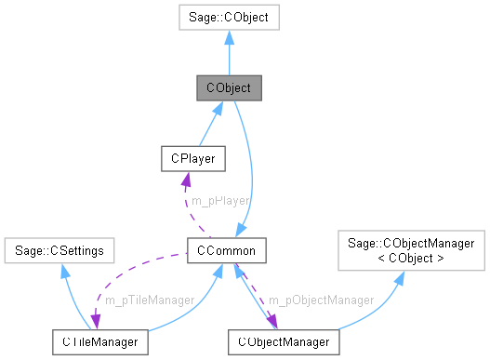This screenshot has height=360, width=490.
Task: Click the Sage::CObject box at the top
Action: point(229,16)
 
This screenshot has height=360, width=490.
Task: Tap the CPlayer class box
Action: point(192,158)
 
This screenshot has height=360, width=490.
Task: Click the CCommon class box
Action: point(228,249)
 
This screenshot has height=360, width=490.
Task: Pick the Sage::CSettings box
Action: point(58,249)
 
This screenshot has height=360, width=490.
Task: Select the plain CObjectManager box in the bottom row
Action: point(284,342)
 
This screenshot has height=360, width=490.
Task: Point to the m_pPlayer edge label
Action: point(219,200)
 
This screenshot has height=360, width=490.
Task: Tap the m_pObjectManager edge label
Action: point(321,300)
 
